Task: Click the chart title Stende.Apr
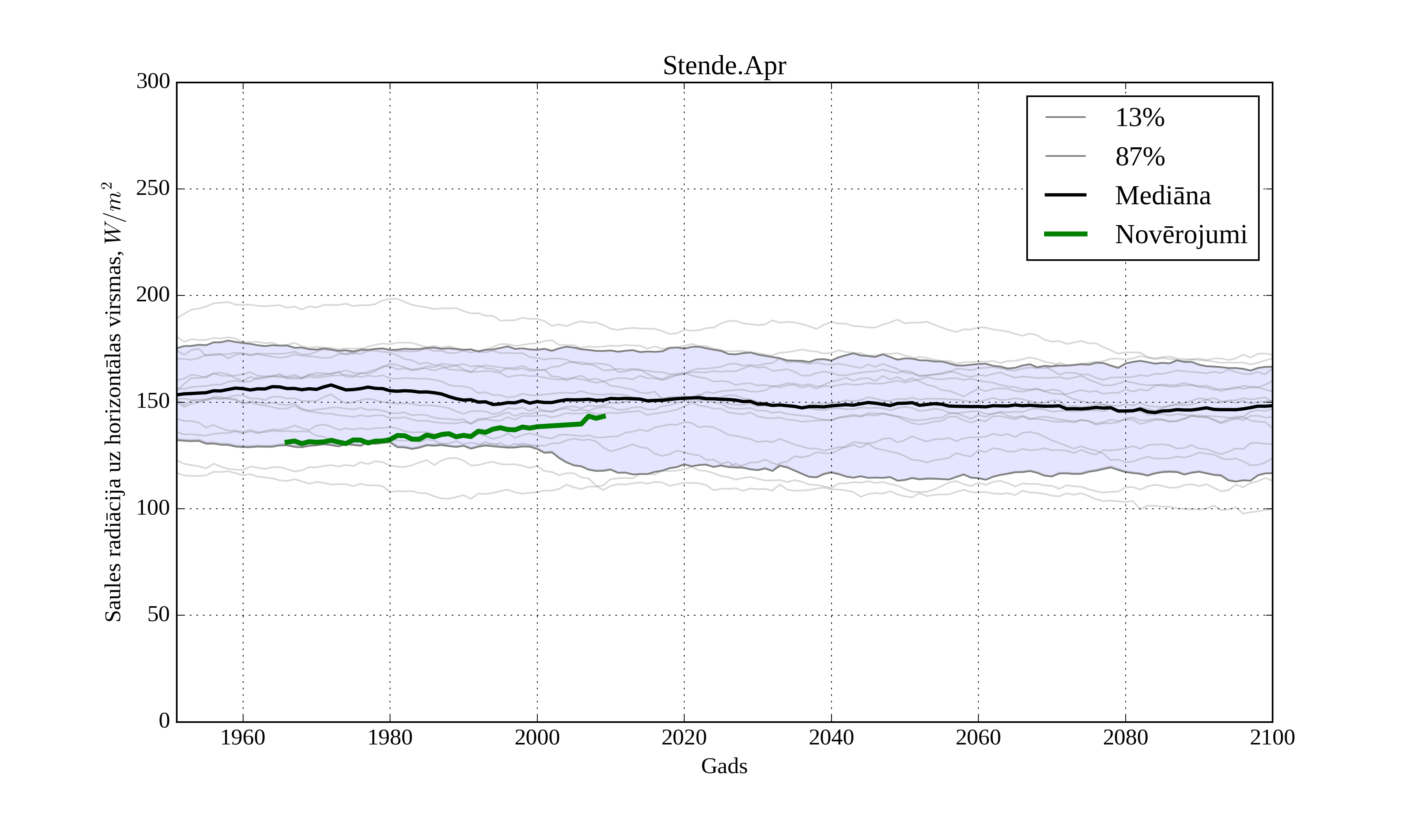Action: (x=724, y=66)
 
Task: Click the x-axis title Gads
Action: (x=724, y=766)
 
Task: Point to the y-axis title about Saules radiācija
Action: (x=114, y=402)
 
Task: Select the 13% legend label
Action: (x=1139, y=118)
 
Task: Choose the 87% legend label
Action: (x=1139, y=157)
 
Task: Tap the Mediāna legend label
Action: (x=1163, y=195)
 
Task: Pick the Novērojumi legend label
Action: (x=1181, y=235)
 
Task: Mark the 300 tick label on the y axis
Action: (x=153, y=81)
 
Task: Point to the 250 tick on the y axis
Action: (x=153, y=189)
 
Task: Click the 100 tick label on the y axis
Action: (x=153, y=508)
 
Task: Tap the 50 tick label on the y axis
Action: (x=158, y=614)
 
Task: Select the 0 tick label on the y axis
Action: (x=165, y=720)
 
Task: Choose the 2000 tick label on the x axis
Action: (x=537, y=737)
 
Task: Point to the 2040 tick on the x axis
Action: (x=831, y=737)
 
